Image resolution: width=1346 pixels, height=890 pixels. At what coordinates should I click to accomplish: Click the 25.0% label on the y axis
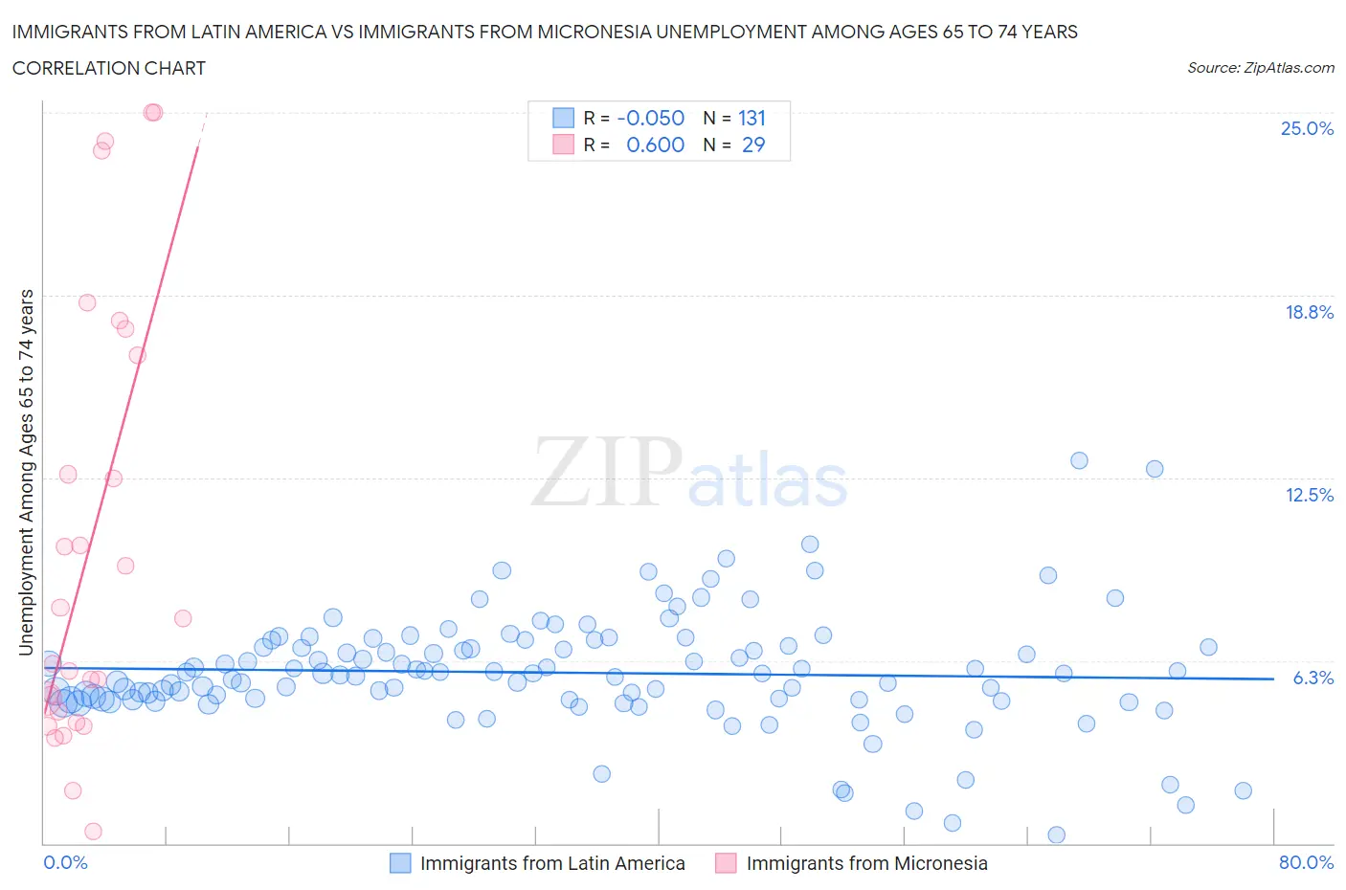click(x=1307, y=129)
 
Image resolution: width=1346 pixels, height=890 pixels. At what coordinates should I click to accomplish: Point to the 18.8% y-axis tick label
click(x=1309, y=312)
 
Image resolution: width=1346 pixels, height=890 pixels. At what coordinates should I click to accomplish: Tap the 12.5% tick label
click(x=1309, y=495)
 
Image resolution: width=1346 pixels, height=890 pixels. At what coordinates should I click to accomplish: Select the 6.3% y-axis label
click(x=1312, y=678)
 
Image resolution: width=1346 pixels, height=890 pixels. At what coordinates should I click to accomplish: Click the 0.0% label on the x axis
click(x=65, y=862)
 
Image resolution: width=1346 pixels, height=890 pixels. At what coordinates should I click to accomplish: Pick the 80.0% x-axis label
click(x=1306, y=862)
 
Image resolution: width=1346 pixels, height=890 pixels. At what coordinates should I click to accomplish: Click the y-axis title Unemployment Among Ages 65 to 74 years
click(x=27, y=472)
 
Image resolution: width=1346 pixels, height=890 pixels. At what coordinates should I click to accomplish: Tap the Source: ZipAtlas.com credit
click(x=1260, y=68)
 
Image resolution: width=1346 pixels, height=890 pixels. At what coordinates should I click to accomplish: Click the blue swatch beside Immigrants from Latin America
click(x=400, y=863)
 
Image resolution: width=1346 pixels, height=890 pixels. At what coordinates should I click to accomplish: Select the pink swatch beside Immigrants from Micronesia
click(x=726, y=863)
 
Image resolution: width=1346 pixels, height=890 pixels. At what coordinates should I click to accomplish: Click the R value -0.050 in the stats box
click(x=651, y=118)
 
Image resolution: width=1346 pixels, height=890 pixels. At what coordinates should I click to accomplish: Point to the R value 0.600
click(x=655, y=145)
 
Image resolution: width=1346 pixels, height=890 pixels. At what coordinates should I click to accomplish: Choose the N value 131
click(x=752, y=118)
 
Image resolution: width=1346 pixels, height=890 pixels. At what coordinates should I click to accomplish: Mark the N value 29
click(x=753, y=145)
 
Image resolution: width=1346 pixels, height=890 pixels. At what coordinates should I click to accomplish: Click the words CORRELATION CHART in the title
click(x=109, y=68)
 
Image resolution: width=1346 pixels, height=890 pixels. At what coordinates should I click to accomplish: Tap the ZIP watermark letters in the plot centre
click(x=606, y=472)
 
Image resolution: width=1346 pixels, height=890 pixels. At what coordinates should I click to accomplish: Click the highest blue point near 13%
click(x=1079, y=460)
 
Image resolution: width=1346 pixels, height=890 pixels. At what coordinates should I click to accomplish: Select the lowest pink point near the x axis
click(x=93, y=832)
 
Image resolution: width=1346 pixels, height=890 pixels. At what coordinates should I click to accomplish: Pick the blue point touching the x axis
click(x=1057, y=834)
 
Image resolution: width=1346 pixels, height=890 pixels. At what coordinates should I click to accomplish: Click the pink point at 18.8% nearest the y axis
click(x=87, y=302)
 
